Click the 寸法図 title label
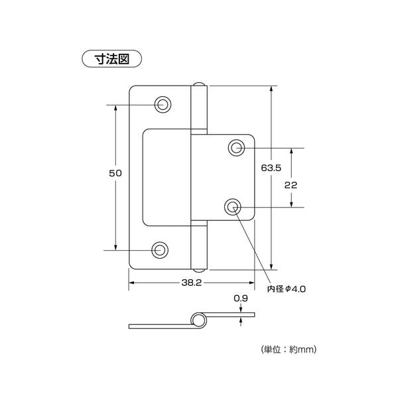(x=111, y=59)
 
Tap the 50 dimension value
(x=115, y=173)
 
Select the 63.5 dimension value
(x=271, y=168)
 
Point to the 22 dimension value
(x=291, y=185)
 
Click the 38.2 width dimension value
(x=192, y=283)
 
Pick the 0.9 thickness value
(x=241, y=298)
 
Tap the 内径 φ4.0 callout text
(x=287, y=289)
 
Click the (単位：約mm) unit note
(x=289, y=350)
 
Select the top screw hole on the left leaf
(x=163, y=104)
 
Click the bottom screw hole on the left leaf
(x=160, y=250)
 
